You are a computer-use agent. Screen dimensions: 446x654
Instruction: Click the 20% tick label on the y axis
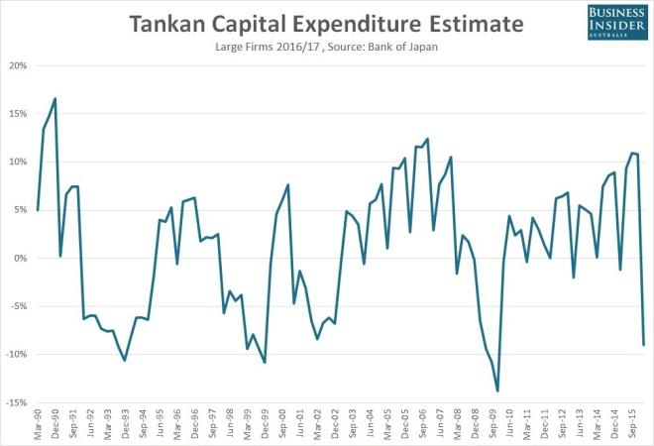pyautogui.click(x=18, y=66)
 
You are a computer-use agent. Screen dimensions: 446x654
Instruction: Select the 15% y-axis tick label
pyautogui.click(x=18, y=114)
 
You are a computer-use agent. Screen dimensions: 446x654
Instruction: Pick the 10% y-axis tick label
pyautogui.click(x=18, y=162)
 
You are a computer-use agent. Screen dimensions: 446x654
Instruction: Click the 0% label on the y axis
pyautogui.click(x=21, y=258)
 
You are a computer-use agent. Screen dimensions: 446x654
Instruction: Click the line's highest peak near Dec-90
pyautogui.click(x=54, y=98)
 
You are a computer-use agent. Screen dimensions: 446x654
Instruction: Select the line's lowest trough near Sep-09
pyautogui.click(x=497, y=390)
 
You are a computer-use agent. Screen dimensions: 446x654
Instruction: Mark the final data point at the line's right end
pyautogui.click(x=644, y=345)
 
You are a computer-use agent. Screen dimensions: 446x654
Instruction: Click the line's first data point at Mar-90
pyautogui.click(x=38, y=210)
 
